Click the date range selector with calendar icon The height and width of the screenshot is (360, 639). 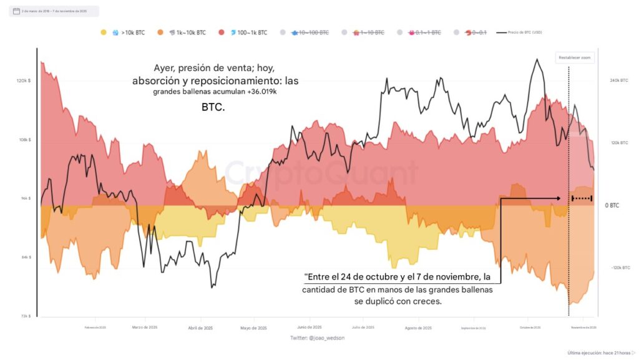(x=54, y=11)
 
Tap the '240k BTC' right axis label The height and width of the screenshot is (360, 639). (x=618, y=80)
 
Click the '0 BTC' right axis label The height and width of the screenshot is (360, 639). (x=612, y=205)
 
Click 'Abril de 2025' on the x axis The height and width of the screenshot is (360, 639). (x=200, y=328)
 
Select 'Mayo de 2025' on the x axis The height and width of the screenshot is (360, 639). (x=253, y=328)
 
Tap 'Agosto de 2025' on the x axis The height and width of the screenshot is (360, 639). (x=419, y=328)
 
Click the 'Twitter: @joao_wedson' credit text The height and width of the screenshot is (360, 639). (x=317, y=338)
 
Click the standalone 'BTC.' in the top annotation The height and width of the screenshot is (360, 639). (x=213, y=108)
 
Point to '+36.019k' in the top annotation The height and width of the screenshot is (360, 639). (x=254, y=92)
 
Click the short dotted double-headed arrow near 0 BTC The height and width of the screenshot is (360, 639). (x=582, y=199)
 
